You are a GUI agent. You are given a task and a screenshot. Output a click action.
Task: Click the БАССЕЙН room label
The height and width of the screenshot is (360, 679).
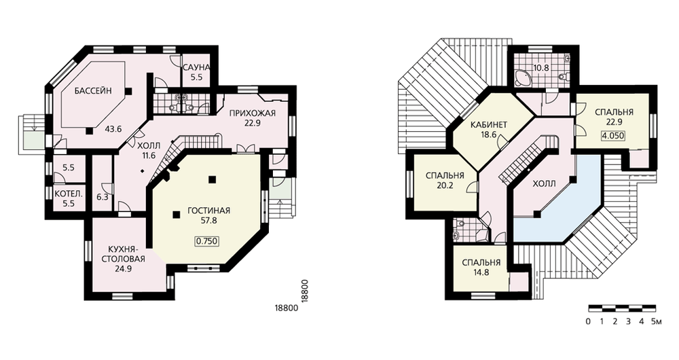(x=93, y=91)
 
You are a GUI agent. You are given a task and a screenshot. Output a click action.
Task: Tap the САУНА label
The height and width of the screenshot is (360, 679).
(x=196, y=68)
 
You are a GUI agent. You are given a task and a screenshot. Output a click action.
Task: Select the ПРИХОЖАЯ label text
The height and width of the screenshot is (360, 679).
(x=253, y=114)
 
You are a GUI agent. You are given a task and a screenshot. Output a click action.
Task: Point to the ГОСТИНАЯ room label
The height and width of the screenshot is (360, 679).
(x=208, y=211)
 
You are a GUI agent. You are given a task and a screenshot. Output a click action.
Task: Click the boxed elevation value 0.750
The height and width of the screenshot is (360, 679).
(x=207, y=242)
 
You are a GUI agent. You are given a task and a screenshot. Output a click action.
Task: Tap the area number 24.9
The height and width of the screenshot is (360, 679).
(x=124, y=268)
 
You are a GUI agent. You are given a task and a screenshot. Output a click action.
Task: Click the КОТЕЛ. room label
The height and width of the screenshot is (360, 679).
(x=69, y=194)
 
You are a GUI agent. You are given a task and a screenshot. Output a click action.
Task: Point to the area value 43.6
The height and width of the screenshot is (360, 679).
(x=113, y=128)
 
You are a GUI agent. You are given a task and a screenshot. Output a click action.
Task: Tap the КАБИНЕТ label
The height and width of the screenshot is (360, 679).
(x=488, y=125)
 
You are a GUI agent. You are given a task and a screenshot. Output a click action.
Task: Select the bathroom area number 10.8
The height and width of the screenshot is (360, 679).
(x=541, y=68)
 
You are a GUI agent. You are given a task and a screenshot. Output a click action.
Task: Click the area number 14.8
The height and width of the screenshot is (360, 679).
(x=481, y=272)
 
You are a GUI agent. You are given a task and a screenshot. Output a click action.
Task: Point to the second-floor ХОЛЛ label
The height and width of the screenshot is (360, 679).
(x=544, y=183)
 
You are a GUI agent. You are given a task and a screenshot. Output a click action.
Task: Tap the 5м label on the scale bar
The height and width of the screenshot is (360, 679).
(x=657, y=322)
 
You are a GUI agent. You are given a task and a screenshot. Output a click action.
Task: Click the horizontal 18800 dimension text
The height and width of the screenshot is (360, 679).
(x=287, y=308)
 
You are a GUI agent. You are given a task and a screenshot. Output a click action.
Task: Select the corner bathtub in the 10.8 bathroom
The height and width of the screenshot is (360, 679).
(x=523, y=78)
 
